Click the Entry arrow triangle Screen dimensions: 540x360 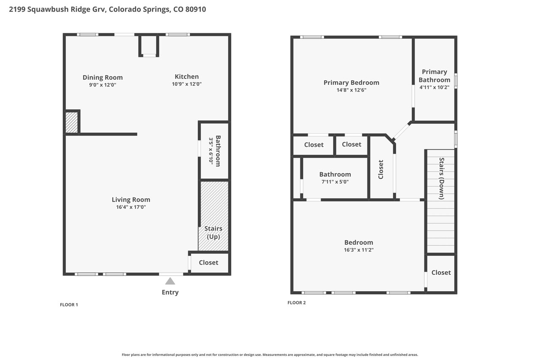pyautogui.click(x=170, y=281)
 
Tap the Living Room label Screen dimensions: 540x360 pyautogui.click(x=131, y=200)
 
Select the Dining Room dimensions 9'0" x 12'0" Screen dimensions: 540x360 pyautogui.click(x=103, y=85)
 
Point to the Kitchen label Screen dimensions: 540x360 pyautogui.click(x=186, y=77)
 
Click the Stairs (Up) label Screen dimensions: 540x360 pyautogui.click(x=213, y=233)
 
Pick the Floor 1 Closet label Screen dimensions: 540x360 pyautogui.click(x=208, y=263)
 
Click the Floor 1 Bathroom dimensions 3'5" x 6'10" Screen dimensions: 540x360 pyautogui.click(x=211, y=151)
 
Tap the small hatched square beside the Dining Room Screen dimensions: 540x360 pyautogui.click(x=72, y=122)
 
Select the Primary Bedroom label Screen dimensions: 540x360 pyautogui.click(x=351, y=83)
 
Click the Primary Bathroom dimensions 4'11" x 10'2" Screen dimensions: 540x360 pyautogui.click(x=435, y=87)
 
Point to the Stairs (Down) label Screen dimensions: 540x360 pyautogui.click(x=441, y=179)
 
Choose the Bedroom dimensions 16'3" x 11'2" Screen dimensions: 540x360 pyautogui.click(x=359, y=250)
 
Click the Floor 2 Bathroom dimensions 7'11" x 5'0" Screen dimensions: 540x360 pyautogui.click(x=335, y=182)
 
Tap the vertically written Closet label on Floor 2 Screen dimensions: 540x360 pyautogui.click(x=381, y=170)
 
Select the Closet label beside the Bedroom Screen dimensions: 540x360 pyautogui.click(x=441, y=273)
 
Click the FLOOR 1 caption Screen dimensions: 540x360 pyautogui.click(x=69, y=305)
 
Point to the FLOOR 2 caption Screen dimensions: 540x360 pyautogui.click(x=297, y=303)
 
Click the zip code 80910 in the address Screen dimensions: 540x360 pyautogui.click(x=195, y=9)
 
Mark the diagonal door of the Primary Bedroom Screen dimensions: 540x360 pyautogui.click(x=401, y=131)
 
